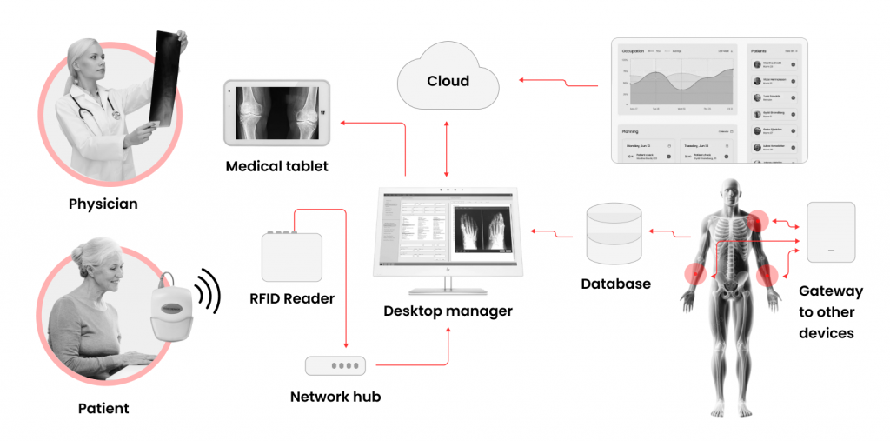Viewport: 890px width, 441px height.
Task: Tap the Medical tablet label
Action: (276, 165)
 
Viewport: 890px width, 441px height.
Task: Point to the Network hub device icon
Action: (335, 366)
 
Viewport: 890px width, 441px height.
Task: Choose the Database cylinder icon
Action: (614, 232)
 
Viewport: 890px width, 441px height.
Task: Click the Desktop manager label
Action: (448, 311)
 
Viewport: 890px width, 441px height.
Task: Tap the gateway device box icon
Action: (831, 232)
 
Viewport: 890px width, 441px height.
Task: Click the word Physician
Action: (103, 204)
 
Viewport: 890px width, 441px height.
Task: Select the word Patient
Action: (103, 408)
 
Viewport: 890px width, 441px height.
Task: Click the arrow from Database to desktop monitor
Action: (553, 232)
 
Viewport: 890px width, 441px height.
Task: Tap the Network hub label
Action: (335, 398)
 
